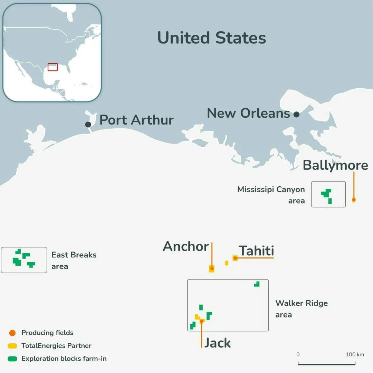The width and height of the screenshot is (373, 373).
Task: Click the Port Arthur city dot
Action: point(88,124)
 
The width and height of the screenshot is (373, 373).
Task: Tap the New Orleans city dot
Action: point(296,114)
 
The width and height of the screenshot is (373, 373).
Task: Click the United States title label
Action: point(211,38)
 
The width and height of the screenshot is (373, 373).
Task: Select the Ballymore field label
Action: point(335,165)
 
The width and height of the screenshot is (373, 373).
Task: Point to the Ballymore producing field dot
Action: point(354,199)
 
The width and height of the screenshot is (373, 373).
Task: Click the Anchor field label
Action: point(186,246)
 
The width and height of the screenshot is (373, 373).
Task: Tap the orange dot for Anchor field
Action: point(212,268)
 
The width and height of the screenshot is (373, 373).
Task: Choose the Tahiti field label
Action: point(256,251)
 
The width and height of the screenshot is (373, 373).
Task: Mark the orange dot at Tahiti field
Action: point(235,258)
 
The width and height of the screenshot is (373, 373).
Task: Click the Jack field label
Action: point(217,343)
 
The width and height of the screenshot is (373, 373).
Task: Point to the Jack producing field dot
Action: point(202,321)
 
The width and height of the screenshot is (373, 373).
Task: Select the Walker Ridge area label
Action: point(301,309)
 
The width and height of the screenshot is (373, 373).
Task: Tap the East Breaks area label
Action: point(74,261)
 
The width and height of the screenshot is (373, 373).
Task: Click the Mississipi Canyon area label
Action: point(271,195)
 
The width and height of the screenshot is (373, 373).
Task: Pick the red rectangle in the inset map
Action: point(52,67)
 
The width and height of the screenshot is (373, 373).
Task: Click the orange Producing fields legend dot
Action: point(12,333)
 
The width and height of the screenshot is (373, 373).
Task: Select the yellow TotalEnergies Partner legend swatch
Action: point(12,345)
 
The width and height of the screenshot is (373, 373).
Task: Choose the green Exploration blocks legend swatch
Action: point(12,359)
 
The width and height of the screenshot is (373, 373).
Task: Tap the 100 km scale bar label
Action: point(355,354)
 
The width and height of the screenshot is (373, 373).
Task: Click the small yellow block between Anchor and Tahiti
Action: point(227,263)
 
